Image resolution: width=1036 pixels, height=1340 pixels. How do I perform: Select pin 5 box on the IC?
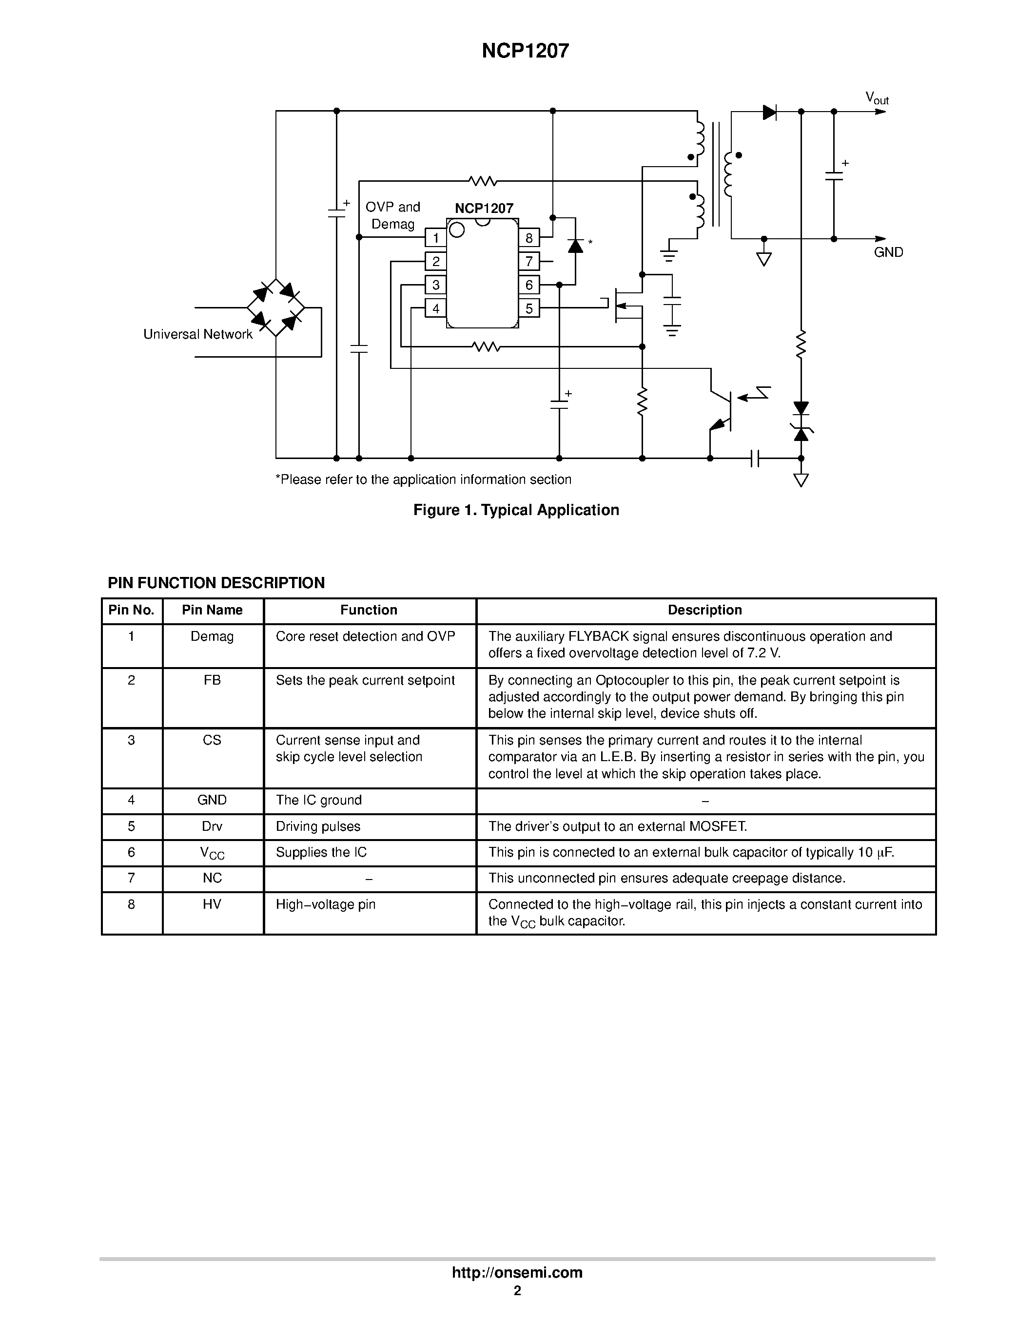click(x=529, y=308)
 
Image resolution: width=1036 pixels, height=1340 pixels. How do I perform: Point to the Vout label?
click(x=877, y=98)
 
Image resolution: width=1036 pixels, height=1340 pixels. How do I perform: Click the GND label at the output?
click(x=888, y=252)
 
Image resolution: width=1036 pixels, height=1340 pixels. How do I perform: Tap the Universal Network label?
click(x=197, y=334)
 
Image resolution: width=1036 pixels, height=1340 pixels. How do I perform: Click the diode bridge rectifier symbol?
click(x=275, y=307)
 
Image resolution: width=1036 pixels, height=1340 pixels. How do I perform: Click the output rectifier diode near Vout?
click(x=769, y=112)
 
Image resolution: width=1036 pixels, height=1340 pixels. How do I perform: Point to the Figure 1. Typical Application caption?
click(x=515, y=510)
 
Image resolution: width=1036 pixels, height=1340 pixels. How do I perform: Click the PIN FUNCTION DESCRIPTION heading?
click(x=216, y=583)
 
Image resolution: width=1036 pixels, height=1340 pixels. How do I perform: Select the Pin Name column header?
click(x=213, y=610)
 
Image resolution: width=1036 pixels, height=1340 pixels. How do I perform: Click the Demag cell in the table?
click(x=213, y=636)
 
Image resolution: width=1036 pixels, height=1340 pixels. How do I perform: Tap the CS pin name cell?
click(x=213, y=740)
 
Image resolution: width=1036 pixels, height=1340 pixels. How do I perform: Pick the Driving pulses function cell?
click(x=318, y=826)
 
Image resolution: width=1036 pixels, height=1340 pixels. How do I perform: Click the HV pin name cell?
click(x=213, y=904)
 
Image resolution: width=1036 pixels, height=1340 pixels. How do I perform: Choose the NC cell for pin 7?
click(x=213, y=878)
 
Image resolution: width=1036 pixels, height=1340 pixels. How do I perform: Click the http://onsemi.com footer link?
click(x=517, y=1272)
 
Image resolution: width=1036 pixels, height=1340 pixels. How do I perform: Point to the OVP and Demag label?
click(x=393, y=215)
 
